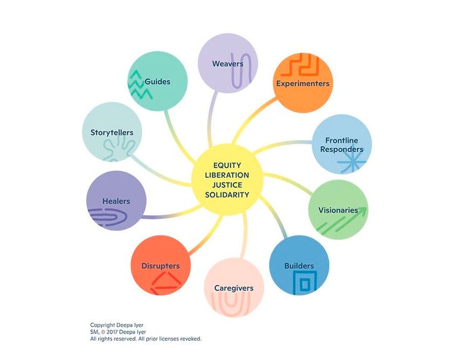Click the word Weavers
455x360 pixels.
[x=227, y=64]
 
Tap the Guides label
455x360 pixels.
[x=157, y=82]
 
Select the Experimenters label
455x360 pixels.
[x=302, y=84]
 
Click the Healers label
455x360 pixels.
[x=116, y=201]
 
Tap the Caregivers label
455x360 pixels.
[x=233, y=288]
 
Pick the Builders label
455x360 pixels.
[x=299, y=266]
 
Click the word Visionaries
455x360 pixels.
[x=337, y=210]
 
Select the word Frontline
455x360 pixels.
[x=342, y=141]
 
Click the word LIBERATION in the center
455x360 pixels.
[x=227, y=175]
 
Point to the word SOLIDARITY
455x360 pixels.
[x=227, y=194]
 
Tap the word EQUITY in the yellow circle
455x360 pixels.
[x=227, y=165]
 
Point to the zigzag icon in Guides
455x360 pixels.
[x=139, y=86]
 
